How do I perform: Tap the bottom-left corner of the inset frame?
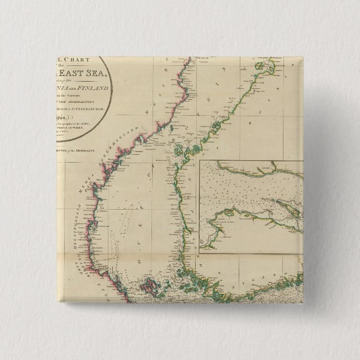coord(200,252)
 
